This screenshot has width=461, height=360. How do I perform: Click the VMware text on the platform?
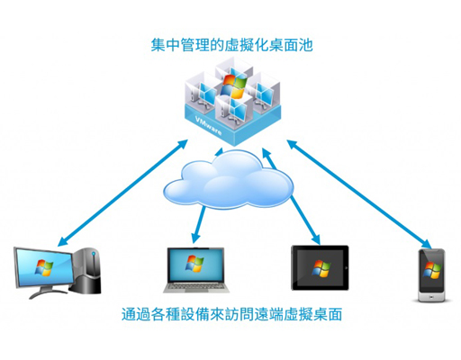tap(209, 125)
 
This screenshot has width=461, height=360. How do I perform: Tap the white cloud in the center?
tap(229, 181)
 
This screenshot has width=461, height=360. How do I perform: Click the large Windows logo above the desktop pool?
tap(234, 86)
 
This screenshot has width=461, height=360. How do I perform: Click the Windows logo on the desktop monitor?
tap(44, 267)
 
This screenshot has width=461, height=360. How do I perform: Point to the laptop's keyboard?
tap(196, 286)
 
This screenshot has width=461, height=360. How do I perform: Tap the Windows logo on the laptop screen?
tap(194, 264)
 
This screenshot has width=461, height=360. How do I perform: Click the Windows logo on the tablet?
tap(321, 268)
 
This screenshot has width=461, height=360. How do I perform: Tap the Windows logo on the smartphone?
tap(432, 270)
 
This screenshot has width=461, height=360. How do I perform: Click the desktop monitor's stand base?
tap(47, 292)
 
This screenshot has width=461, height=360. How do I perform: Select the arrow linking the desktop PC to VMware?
tap(123, 193)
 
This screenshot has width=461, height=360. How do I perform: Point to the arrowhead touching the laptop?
tap(195, 238)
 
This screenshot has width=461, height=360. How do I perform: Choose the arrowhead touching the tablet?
tap(316, 239)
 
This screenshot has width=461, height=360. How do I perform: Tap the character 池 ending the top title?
tap(305, 45)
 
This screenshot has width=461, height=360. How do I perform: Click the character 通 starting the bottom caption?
tap(129, 314)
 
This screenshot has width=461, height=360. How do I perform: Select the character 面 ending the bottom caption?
tap(334, 314)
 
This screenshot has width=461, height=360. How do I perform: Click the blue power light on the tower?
tap(94, 254)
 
